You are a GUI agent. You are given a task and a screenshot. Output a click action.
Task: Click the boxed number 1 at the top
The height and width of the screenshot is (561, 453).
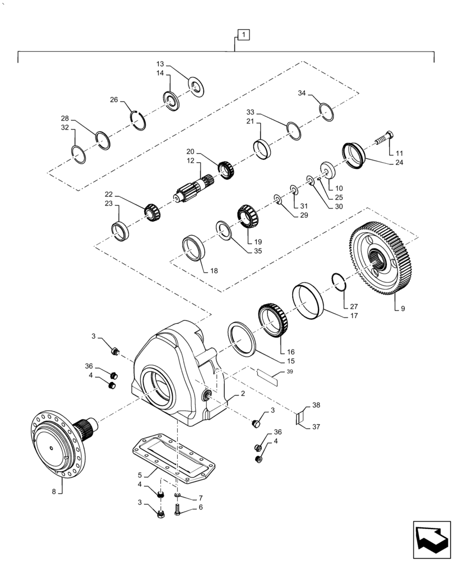click(x=243, y=35)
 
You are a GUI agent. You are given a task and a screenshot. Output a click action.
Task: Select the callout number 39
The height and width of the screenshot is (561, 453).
click(x=290, y=371)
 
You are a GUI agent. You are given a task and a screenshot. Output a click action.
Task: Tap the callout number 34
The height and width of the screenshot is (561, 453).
click(x=302, y=93)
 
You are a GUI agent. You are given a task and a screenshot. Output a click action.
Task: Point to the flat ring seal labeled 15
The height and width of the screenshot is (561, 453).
click(x=242, y=338)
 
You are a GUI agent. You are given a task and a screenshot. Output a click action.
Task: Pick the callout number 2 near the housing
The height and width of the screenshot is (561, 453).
click(x=243, y=394)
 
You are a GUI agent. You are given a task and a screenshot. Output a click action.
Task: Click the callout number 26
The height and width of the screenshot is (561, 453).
click(x=114, y=100)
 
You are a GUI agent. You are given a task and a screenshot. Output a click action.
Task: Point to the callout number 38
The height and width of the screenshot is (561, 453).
click(x=316, y=404)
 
